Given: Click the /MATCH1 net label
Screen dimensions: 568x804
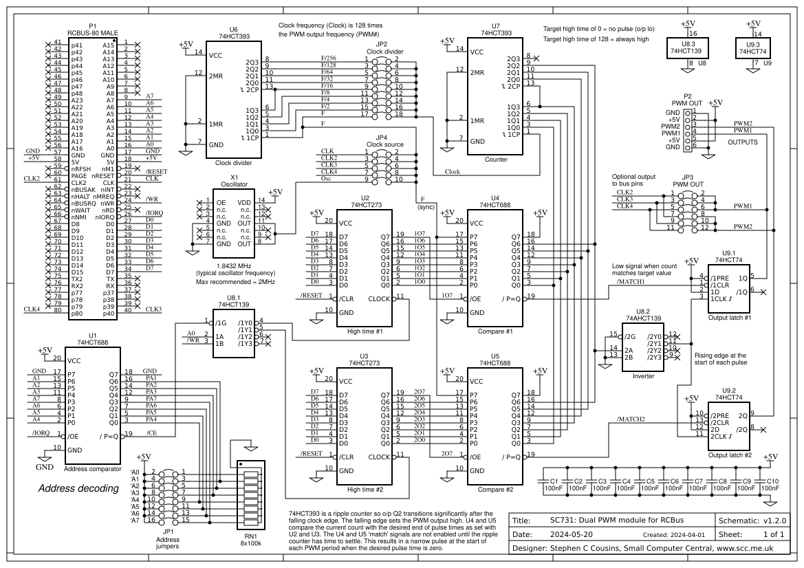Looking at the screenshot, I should [x=631, y=282].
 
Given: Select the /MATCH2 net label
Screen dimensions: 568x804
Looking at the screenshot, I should [x=631, y=419].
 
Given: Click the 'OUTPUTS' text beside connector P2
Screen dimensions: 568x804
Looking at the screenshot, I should [x=742, y=142].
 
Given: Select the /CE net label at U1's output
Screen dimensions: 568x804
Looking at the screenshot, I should [x=151, y=433].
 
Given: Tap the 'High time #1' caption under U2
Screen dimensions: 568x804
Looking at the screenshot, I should [x=365, y=331].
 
